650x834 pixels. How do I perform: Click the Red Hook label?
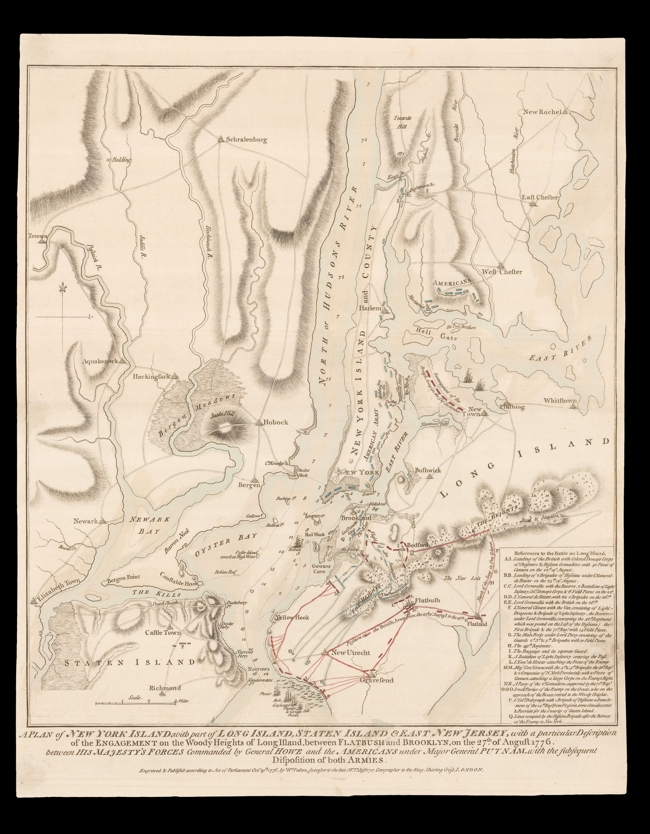point(314,535)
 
